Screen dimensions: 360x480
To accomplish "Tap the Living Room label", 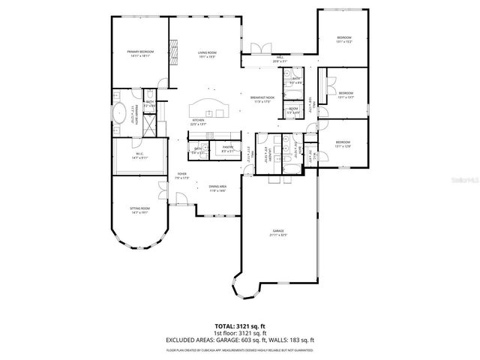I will coord(208,53).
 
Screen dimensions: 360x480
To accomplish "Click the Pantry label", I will coord(227,148).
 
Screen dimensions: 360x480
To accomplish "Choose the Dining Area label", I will coord(217,188).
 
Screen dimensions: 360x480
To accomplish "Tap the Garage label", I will coord(279,232).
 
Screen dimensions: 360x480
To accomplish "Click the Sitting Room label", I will coord(140,210).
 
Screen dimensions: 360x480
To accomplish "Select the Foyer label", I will coord(181,175).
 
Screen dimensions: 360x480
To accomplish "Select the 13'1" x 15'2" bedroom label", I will coord(344,39).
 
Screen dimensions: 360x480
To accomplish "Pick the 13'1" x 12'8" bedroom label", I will coord(343,143).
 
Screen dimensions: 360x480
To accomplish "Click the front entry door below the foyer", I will coord(181,199).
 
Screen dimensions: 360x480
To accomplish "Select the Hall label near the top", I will coord(280,58).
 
